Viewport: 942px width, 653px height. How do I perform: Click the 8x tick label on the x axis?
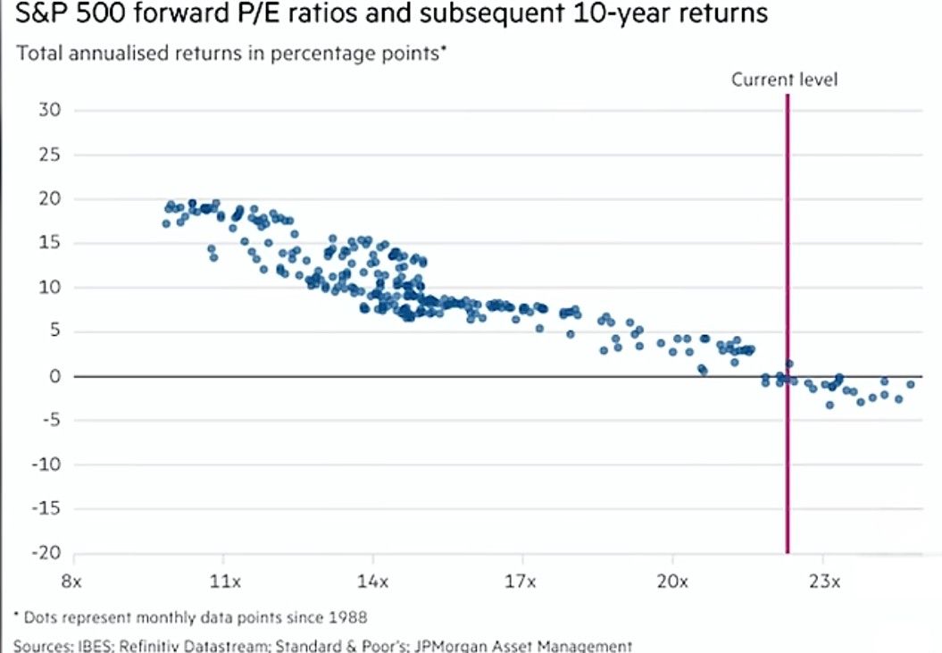72,582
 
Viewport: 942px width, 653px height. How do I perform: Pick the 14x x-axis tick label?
373,582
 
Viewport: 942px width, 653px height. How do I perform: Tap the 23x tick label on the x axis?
824,582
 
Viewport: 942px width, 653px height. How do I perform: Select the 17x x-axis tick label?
522,582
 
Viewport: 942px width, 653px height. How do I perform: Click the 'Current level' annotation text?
785,80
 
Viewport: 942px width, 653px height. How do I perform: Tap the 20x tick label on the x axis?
672,582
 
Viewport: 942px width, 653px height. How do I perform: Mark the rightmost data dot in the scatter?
911,384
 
